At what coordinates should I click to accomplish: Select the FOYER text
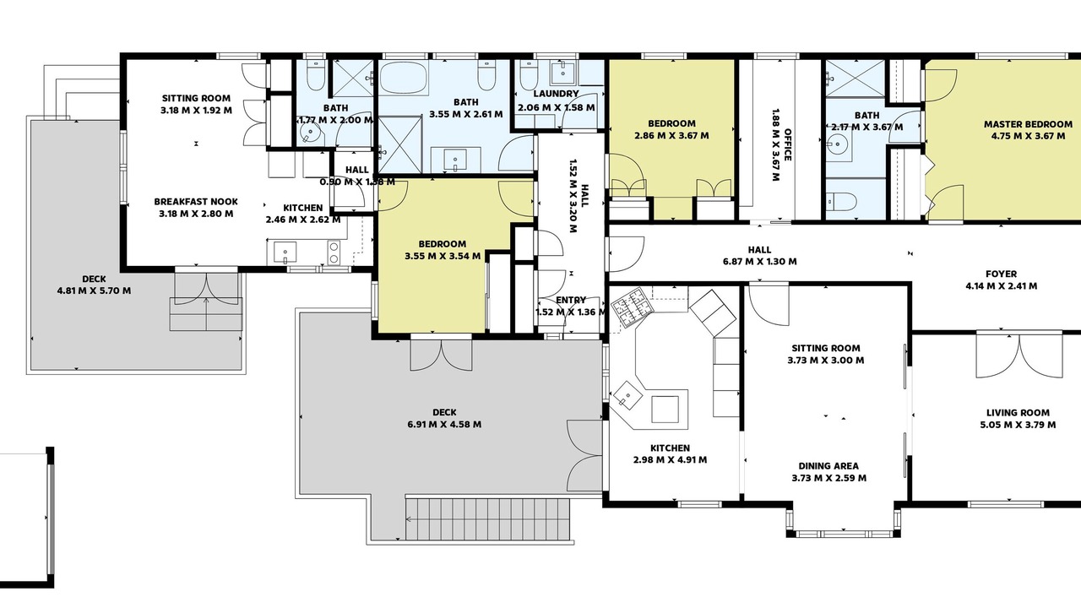click(1002, 274)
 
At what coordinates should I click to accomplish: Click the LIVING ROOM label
click(1018, 413)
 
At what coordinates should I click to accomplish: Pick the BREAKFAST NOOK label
click(196, 202)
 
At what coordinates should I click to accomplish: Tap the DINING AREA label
click(828, 466)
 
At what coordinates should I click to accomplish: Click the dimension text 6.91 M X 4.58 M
click(444, 425)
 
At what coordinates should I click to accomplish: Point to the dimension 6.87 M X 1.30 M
click(759, 262)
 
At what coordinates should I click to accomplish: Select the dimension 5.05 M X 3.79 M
click(1018, 425)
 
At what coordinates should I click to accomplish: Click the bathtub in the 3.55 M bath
click(404, 77)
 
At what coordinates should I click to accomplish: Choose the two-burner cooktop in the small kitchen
click(334, 252)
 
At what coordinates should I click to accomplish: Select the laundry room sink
click(563, 73)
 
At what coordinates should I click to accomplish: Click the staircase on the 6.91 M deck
click(487, 519)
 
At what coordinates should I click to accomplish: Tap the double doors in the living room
click(1019, 356)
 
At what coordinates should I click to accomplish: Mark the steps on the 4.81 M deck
click(206, 314)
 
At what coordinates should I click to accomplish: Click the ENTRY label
click(571, 300)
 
